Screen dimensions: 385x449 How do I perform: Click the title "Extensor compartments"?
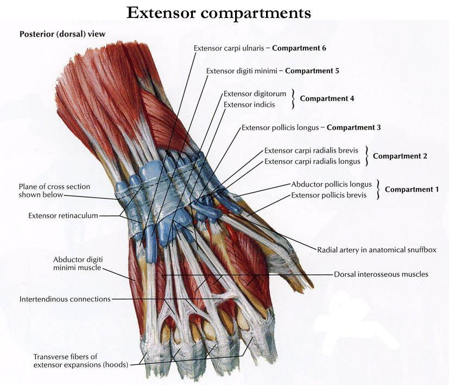[x=219, y=12]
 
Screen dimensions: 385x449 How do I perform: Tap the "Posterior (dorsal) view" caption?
[x=62, y=34]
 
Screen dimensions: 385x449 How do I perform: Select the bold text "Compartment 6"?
[x=299, y=48]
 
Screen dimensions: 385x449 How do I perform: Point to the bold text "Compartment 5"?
[x=312, y=71]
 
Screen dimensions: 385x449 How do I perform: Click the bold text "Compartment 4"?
[x=327, y=99]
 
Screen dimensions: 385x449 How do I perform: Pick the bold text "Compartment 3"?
[x=353, y=128]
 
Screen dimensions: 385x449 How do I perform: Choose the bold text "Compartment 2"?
[x=400, y=156]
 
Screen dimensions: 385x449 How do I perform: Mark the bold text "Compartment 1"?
[x=412, y=190]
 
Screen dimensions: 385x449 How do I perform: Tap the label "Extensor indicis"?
[x=249, y=104]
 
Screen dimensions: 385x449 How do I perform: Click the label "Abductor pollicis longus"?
[x=331, y=184]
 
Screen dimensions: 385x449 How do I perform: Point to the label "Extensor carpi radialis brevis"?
[x=312, y=150]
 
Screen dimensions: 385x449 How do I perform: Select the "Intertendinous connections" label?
[x=65, y=299]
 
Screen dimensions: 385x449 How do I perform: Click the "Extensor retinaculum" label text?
[x=63, y=216]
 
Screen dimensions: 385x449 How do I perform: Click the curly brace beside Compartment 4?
[x=293, y=99]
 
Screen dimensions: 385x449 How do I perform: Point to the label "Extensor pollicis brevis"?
[x=328, y=195]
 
